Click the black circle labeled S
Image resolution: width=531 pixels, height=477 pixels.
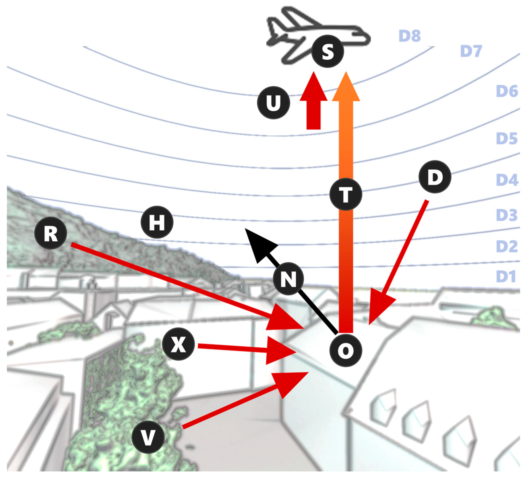click(328, 52)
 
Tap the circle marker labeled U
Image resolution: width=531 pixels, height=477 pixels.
click(273, 102)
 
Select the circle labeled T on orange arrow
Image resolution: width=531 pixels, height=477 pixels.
click(346, 195)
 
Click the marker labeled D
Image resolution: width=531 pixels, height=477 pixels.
click(435, 177)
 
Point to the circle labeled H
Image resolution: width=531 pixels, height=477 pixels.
click(157, 222)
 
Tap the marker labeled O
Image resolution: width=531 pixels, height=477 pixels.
click(346, 351)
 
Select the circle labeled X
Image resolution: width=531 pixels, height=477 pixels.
click(178, 344)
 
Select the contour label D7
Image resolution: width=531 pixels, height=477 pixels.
click(471, 51)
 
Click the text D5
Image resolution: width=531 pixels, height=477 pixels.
click(507, 138)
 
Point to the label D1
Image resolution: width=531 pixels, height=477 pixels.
click(506, 276)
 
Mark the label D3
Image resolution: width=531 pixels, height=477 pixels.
click(507, 215)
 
